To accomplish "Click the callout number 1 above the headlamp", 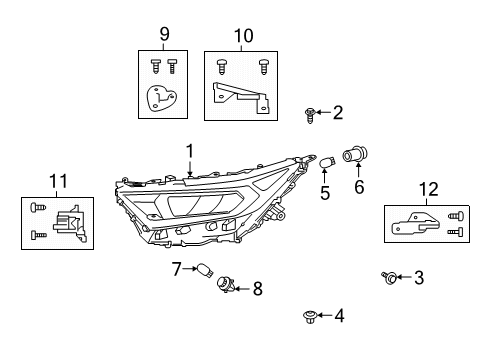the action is pyautogui.click(x=190, y=151).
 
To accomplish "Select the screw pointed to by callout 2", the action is pyautogui.click(x=310, y=115).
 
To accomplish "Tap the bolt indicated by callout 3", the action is pyautogui.click(x=389, y=278).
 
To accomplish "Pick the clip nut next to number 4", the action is pyautogui.click(x=310, y=317).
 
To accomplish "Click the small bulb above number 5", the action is pyautogui.click(x=327, y=163).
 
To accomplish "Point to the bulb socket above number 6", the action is pyautogui.click(x=355, y=154).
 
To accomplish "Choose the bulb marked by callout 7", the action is pyautogui.click(x=205, y=270).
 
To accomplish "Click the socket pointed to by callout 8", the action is pyautogui.click(x=226, y=285).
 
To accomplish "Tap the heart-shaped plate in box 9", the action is pyautogui.click(x=161, y=98).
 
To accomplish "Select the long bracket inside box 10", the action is pyautogui.click(x=240, y=97).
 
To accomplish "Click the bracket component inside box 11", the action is pyautogui.click(x=70, y=223).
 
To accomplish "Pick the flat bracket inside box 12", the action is pyautogui.click(x=415, y=224).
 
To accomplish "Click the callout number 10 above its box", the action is pyautogui.click(x=243, y=35).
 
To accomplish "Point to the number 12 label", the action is pyautogui.click(x=428, y=189).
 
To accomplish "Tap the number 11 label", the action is pyautogui.click(x=58, y=181).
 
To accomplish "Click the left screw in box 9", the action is pyautogui.click(x=155, y=66).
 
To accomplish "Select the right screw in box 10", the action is pyautogui.click(x=264, y=67).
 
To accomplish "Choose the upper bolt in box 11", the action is pyautogui.click(x=38, y=208).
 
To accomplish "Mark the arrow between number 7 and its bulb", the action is pyautogui.click(x=190, y=268).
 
